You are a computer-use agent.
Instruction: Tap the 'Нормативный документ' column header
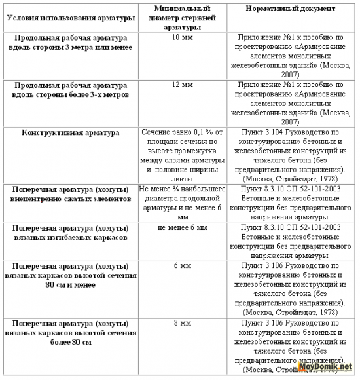[x=291, y=10]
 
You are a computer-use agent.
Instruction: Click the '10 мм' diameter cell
[x=183, y=38]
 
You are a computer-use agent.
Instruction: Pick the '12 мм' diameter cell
[x=183, y=85]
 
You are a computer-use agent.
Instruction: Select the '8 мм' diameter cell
[x=183, y=324]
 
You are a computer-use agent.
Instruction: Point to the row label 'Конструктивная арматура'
[x=71, y=133]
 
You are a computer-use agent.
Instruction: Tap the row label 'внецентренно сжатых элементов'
[x=71, y=195]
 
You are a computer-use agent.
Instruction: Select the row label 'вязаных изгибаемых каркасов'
[x=71, y=234]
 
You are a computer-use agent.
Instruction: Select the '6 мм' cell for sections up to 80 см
[x=183, y=267]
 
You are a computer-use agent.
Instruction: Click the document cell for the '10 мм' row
[x=291, y=56]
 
